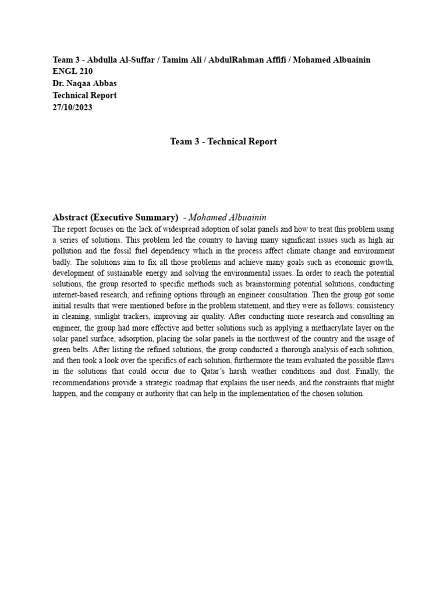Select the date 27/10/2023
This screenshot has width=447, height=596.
tap(72, 107)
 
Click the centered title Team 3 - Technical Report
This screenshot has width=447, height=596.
tap(223, 141)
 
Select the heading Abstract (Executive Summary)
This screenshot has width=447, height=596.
tap(115, 217)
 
